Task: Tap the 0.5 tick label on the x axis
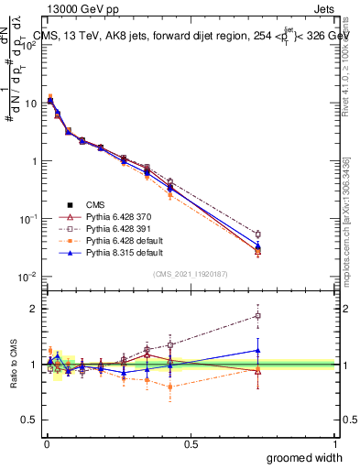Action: pos(191,442)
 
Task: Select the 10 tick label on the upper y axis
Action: pos(30,103)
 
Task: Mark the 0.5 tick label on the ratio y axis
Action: pos(30,420)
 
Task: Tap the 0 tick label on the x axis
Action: pos(46,442)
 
